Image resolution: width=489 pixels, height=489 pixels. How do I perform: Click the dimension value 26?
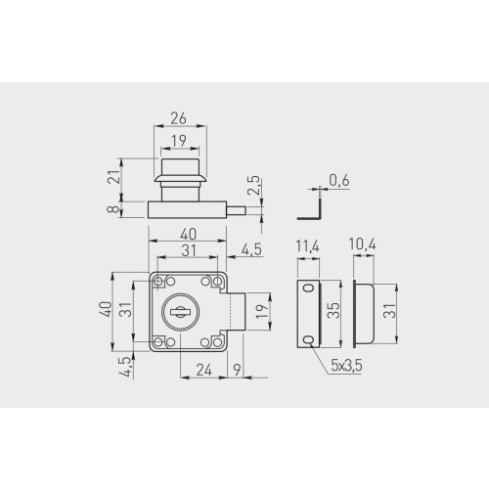coord(178,118)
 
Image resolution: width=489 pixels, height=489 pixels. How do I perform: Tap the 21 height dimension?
coord(114,177)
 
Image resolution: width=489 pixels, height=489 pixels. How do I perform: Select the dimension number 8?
coord(113,208)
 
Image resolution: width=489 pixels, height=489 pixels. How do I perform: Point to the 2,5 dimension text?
coord(253,186)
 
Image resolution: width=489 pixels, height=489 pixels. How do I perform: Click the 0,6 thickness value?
coord(339,180)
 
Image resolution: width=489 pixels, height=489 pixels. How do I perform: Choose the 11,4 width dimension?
coord(307,246)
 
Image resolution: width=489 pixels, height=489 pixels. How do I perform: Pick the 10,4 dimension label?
coord(362,244)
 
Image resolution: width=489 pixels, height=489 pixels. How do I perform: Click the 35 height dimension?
coord(333,310)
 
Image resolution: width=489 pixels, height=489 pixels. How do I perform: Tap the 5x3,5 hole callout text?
coord(346,366)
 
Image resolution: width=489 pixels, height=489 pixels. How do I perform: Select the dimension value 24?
coord(204,370)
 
